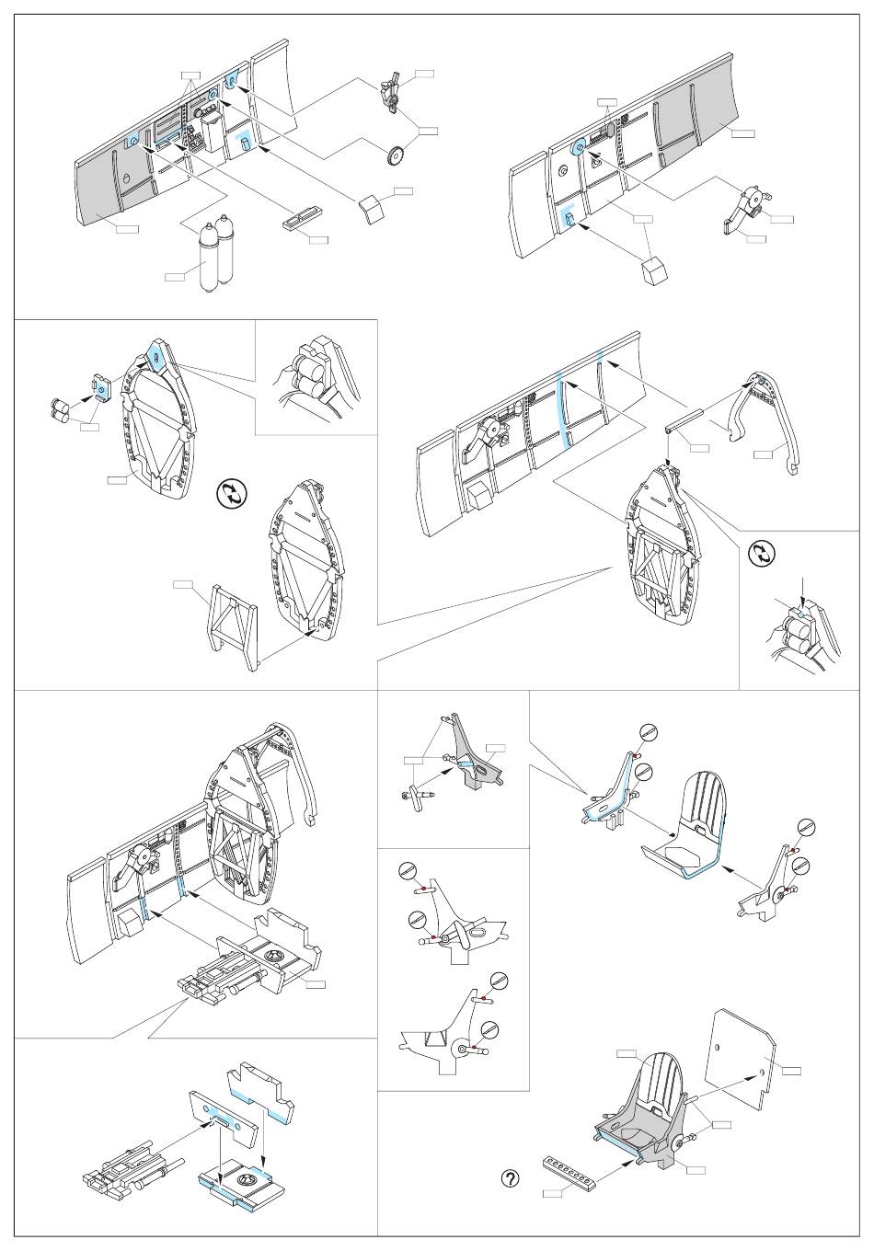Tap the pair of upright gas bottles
coord(214,255)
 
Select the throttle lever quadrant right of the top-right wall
coord(747,209)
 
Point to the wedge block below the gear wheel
coord(372,208)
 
